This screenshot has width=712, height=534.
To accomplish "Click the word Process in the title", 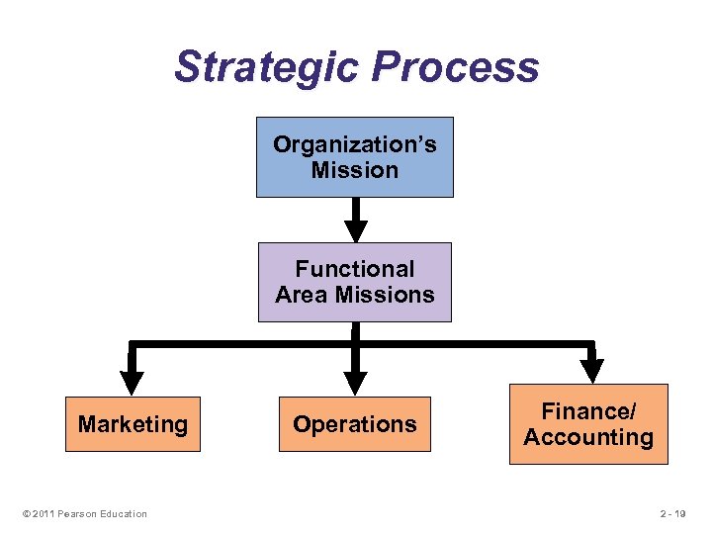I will pyautogui.click(x=456, y=67).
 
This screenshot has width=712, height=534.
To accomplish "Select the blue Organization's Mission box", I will pyautogui.click(x=355, y=157).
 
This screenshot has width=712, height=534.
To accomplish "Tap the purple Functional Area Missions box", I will pyautogui.click(x=355, y=282).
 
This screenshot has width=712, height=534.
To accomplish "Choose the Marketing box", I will pyautogui.click(x=133, y=424).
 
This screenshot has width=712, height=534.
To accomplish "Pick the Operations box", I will pyautogui.click(x=355, y=424).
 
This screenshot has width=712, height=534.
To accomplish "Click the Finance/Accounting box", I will pyautogui.click(x=588, y=424).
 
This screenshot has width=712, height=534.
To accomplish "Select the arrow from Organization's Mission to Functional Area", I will pyautogui.click(x=355, y=220).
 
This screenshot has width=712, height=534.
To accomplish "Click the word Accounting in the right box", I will pyautogui.click(x=588, y=438).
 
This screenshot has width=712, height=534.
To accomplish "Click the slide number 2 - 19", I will pyautogui.click(x=677, y=513).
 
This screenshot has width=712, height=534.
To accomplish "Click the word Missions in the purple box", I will pyautogui.click(x=394, y=295).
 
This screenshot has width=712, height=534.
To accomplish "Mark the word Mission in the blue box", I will pyautogui.click(x=355, y=170).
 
